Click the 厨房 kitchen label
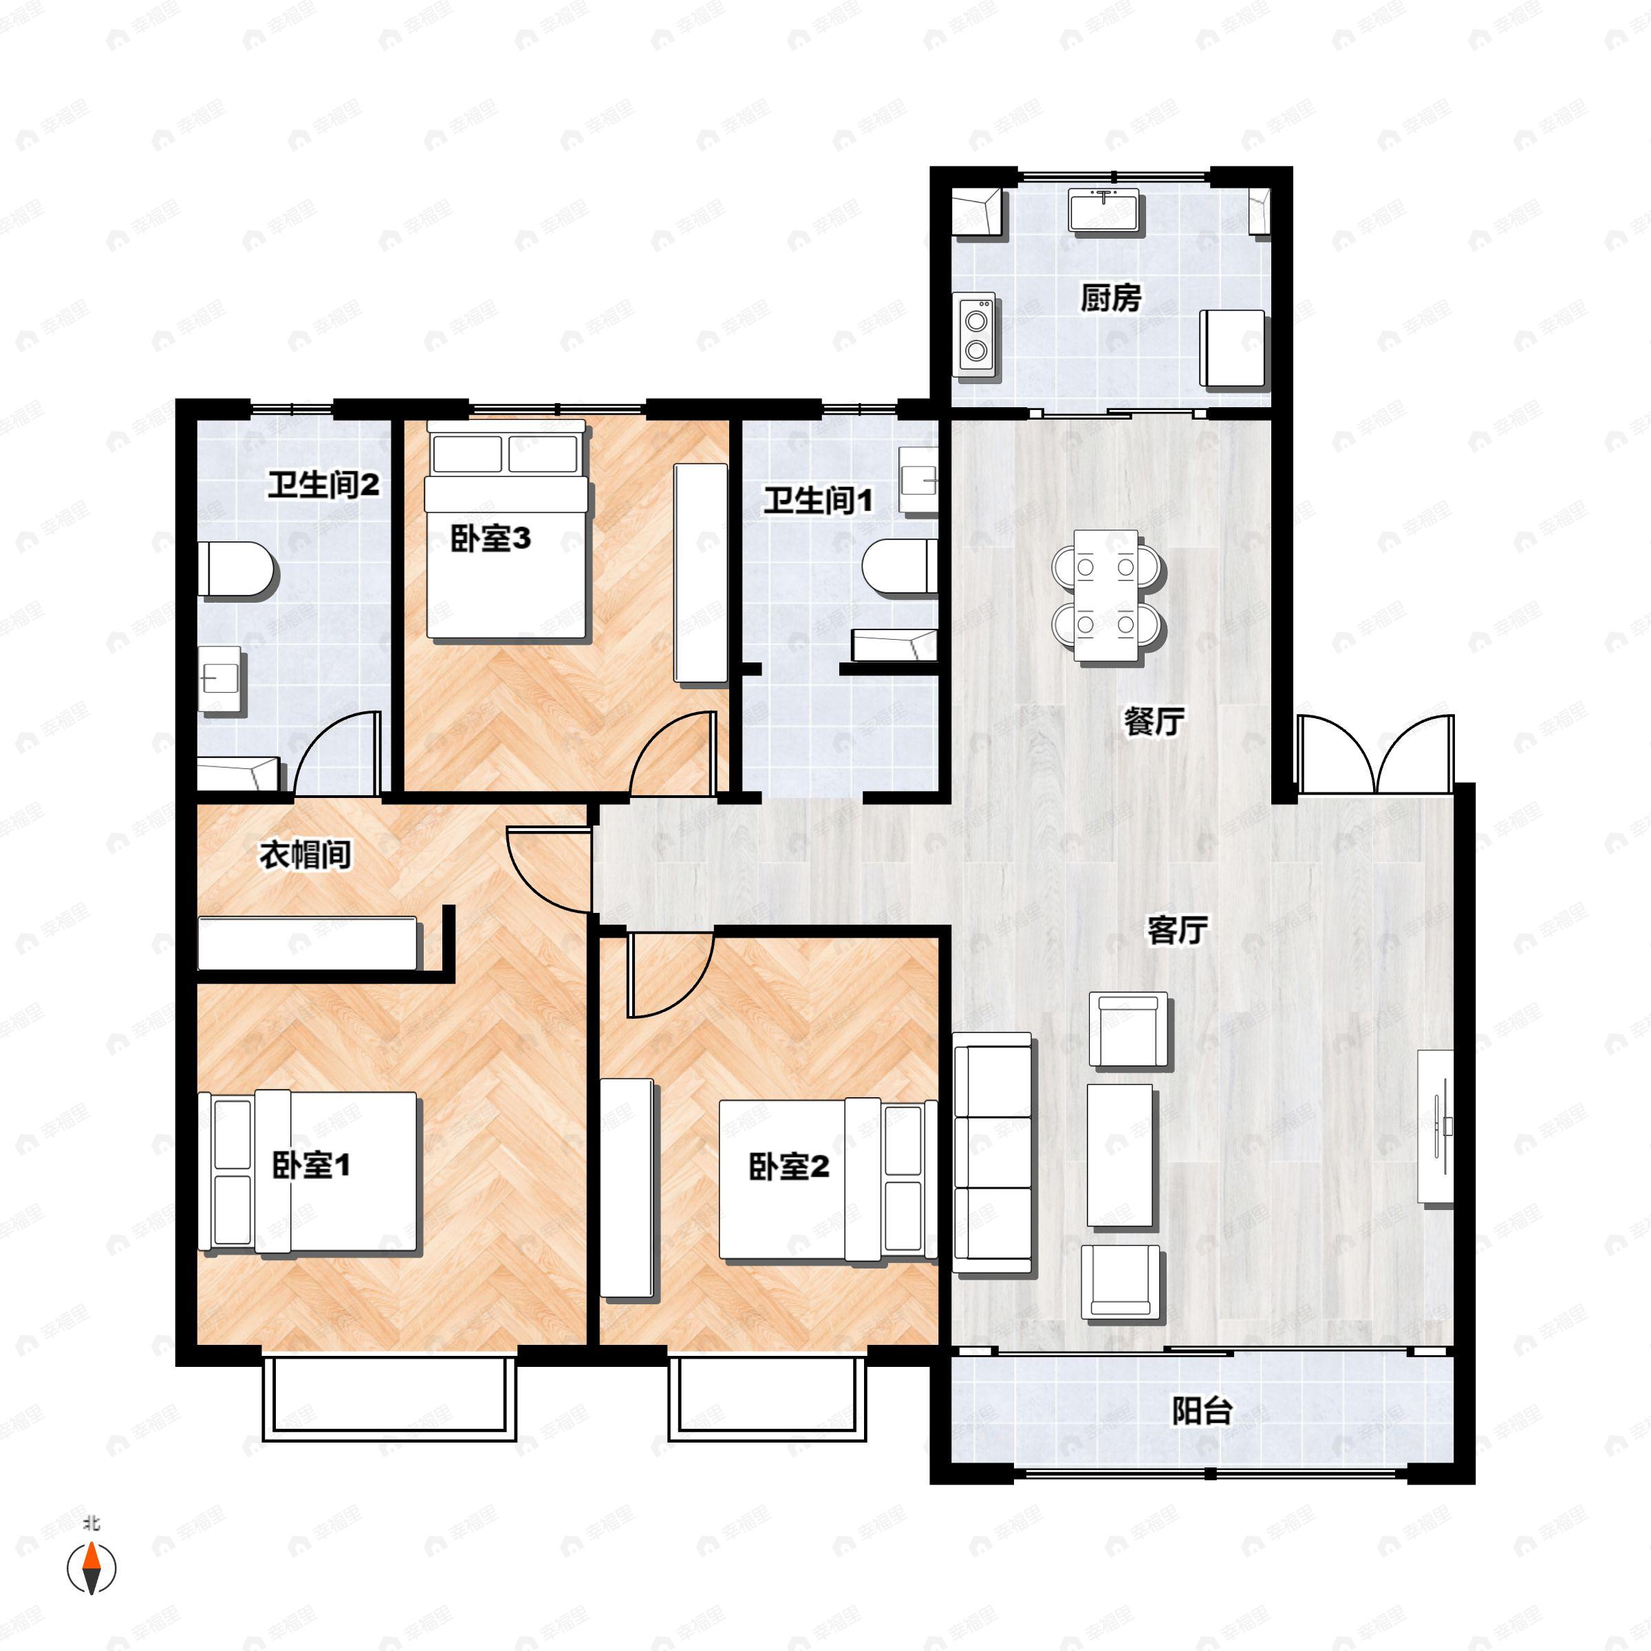1110,299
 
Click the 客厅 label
1177,930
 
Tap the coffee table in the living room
1119,1156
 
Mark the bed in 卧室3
508,530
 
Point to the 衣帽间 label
305,854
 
